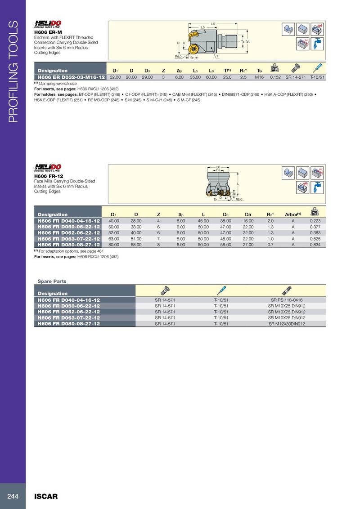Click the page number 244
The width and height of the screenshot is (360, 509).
[x=12, y=496]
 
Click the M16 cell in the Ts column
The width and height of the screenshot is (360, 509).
[x=259, y=77]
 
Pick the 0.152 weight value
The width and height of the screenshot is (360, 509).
[x=275, y=77]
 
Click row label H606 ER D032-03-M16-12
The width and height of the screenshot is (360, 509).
[x=71, y=77]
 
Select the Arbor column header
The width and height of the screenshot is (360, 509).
[x=293, y=214]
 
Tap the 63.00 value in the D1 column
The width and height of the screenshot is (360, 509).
[x=114, y=238]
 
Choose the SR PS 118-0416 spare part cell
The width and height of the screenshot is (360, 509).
[x=286, y=299]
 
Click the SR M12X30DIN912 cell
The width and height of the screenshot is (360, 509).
[x=286, y=323]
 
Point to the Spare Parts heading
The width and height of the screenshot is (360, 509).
[x=52, y=281]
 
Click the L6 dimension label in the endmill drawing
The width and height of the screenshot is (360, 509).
[x=213, y=23]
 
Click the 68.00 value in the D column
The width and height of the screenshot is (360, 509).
[x=136, y=244]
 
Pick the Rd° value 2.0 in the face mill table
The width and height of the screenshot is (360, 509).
[x=270, y=221]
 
